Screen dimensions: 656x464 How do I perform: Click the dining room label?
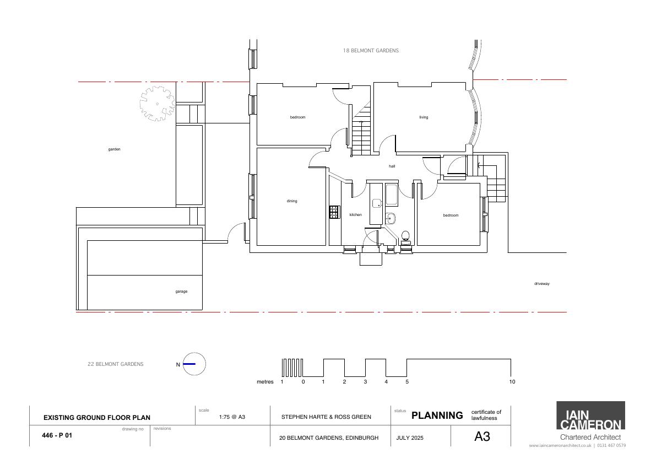click(292, 201)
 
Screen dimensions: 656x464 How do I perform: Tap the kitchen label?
click(356, 215)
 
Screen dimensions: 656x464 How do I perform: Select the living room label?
click(424, 117)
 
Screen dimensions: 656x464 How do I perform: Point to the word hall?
click(392, 166)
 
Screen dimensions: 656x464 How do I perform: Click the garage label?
click(182, 292)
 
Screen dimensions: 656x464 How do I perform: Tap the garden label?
click(114, 149)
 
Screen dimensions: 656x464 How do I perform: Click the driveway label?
click(542, 284)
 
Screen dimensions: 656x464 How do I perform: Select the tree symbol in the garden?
click(158, 104)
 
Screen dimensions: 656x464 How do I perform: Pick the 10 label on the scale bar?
click(512, 382)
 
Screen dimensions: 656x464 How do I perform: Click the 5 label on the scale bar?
click(407, 382)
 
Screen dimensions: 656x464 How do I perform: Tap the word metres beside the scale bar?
click(265, 382)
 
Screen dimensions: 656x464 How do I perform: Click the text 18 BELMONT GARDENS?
click(371, 51)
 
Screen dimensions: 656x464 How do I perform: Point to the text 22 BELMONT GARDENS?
click(116, 364)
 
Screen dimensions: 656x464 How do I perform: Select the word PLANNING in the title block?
click(437, 416)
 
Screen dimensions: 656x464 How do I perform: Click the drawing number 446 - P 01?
click(57, 435)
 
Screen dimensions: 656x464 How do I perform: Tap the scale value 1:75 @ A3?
click(232, 417)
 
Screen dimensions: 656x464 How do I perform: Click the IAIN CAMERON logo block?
click(590, 416)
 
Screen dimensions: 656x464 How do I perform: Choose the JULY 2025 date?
click(410, 438)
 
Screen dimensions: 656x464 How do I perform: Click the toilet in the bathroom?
click(405, 237)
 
